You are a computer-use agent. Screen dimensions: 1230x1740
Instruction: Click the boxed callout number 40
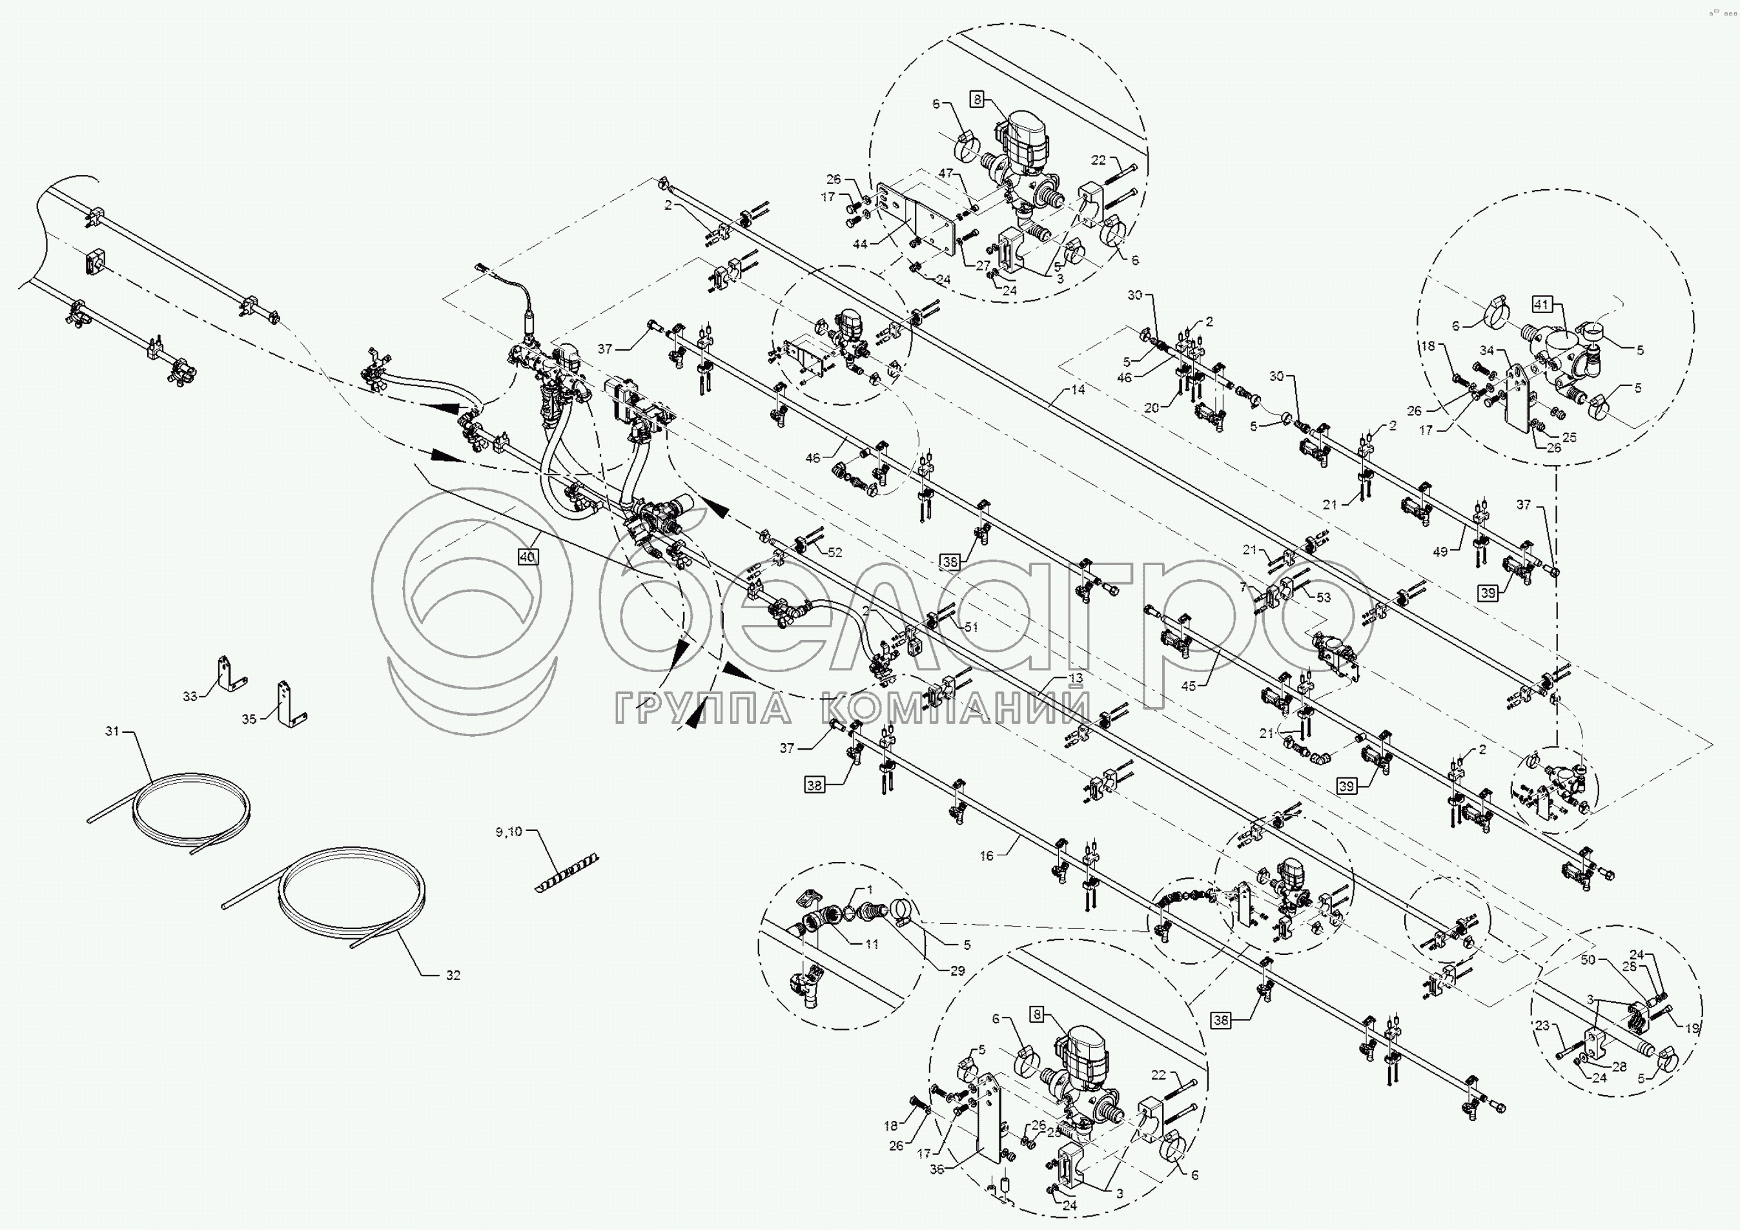[527, 557]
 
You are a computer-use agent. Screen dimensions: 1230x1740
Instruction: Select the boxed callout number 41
[1541, 305]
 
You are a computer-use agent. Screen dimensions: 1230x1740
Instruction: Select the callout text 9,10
[509, 832]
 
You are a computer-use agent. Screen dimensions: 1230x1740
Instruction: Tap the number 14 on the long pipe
[1078, 389]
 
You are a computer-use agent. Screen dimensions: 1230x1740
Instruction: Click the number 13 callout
[1076, 677]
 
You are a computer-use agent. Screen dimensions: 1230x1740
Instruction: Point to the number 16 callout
[986, 856]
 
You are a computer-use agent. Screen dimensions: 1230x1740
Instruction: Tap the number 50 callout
[1588, 959]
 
